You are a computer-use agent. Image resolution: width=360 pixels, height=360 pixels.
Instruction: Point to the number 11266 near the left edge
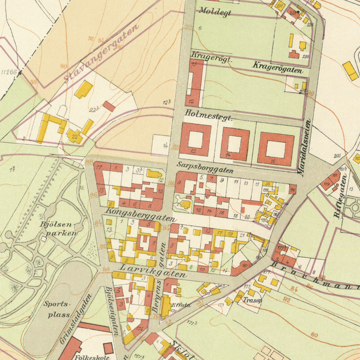[x=8, y=72]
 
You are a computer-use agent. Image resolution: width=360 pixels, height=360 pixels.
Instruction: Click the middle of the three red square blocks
[x=234, y=144]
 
